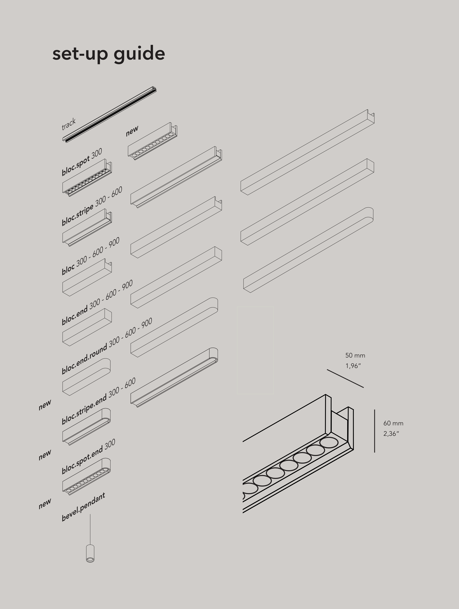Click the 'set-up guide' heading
(109, 54)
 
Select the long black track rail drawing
(109, 115)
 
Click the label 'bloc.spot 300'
(82, 162)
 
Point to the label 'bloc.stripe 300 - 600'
(92, 206)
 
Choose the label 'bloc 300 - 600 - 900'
(91, 256)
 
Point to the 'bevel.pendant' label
(83, 507)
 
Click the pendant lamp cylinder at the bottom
(90, 553)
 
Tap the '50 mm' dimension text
(355, 356)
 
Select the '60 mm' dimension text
(393, 423)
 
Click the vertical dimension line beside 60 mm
(374, 431)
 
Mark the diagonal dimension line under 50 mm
(345, 378)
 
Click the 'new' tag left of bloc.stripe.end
(45, 405)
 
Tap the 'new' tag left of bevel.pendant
(45, 503)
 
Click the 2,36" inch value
(391, 434)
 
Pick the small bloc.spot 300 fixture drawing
(87, 178)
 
